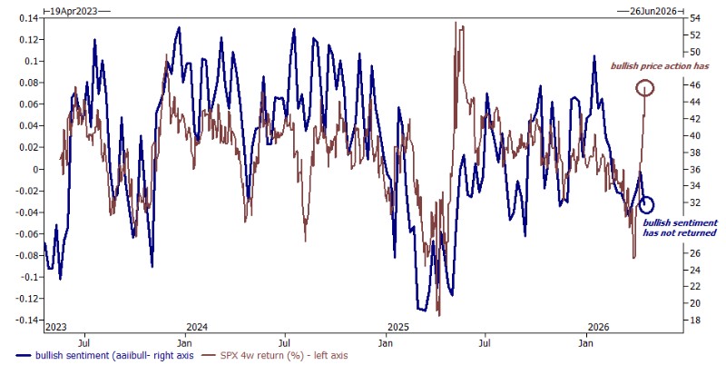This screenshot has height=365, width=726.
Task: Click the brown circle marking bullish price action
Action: click(645, 88)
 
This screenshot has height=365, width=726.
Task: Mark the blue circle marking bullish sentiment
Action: click(645, 205)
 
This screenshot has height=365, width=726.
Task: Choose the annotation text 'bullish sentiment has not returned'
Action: click(680, 228)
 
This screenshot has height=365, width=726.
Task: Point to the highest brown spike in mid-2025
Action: click(454, 24)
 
